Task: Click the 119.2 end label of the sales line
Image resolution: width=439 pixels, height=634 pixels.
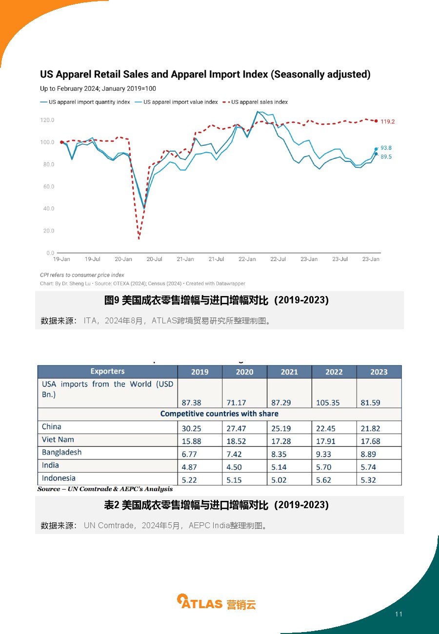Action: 387,121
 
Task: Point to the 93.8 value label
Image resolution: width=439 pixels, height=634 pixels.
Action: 386,148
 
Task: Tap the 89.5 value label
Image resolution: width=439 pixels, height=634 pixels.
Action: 386,157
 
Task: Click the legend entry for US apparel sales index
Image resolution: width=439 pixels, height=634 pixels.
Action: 255,102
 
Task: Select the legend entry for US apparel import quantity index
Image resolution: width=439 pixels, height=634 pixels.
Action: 85,102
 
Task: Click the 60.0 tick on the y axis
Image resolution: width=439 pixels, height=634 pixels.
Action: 49,186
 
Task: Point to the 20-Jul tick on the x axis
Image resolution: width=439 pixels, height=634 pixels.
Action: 154,259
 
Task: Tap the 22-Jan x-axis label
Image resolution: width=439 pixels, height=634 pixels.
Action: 247,259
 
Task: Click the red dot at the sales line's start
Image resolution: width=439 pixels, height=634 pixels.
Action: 61,142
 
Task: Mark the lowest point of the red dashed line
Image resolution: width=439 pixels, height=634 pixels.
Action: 139,238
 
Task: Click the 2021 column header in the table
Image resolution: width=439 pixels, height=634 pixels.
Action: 289,372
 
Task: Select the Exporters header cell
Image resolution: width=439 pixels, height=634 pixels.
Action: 108,371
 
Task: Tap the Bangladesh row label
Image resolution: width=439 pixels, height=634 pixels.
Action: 61,452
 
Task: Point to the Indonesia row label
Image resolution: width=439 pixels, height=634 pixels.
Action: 59,478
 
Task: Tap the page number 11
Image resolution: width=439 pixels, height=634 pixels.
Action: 399,614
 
